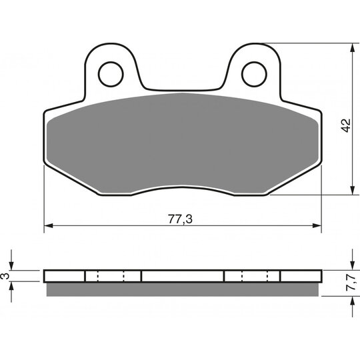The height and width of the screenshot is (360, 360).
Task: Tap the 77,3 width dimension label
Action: click(180, 219)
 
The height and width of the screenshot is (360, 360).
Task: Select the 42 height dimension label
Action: click(346, 125)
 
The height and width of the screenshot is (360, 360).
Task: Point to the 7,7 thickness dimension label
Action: click(351, 283)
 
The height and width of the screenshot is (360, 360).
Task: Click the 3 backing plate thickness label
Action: click(6, 276)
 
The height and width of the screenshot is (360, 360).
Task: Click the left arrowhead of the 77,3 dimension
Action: click(49, 226)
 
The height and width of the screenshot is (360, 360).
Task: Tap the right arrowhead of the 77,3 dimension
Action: click(317, 226)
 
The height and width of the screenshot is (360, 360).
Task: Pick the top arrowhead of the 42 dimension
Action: click(352, 48)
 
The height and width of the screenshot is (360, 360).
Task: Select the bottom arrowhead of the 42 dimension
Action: click(352, 191)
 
